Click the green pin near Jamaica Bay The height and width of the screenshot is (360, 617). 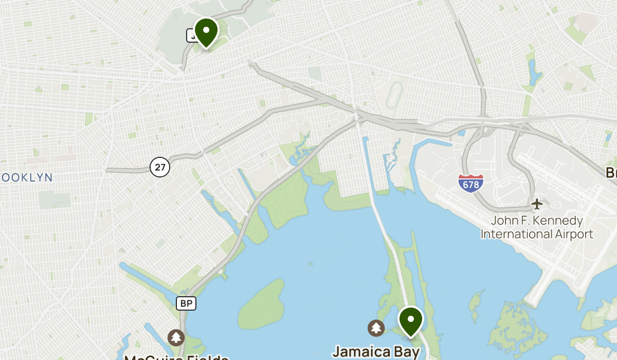click(x=411, y=320)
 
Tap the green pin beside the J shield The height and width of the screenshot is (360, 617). click(x=206, y=31)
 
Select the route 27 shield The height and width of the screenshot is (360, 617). click(x=160, y=167)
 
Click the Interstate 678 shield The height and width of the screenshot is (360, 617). click(x=470, y=183)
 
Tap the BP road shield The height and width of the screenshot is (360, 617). click(x=186, y=303)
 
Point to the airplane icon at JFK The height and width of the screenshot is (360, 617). click(x=537, y=204)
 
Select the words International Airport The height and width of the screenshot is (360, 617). click(x=537, y=235)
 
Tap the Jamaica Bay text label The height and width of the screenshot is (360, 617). click(x=376, y=352)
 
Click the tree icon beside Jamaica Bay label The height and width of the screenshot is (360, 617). click(x=376, y=328)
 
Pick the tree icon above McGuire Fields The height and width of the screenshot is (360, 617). click(x=176, y=337)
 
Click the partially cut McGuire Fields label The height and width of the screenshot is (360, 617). click(x=176, y=356)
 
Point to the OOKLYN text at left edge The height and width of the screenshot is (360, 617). click(x=27, y=177)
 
